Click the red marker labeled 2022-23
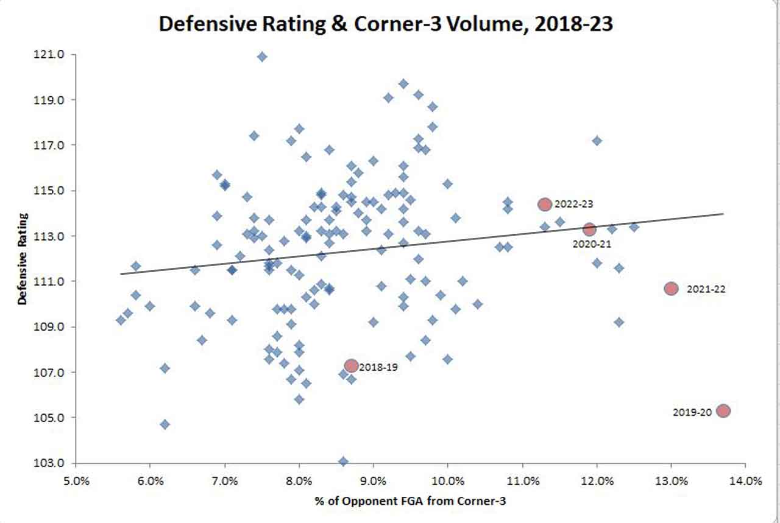point(545,205)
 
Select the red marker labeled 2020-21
point(589,230)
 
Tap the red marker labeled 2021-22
point(671,289)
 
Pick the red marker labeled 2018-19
point(351,365)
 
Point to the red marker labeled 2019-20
point(723,411)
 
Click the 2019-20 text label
point(692,412)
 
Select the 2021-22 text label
point(706,289)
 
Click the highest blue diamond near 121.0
point(262,57)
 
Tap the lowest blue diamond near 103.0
point(344,462)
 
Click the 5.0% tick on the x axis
point(77,480)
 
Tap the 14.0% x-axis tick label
point(745,480)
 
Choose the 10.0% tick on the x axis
point(448,480)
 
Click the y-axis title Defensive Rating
point(23,259)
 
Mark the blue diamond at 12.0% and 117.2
point(597,141)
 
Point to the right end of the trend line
point(723,214)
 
